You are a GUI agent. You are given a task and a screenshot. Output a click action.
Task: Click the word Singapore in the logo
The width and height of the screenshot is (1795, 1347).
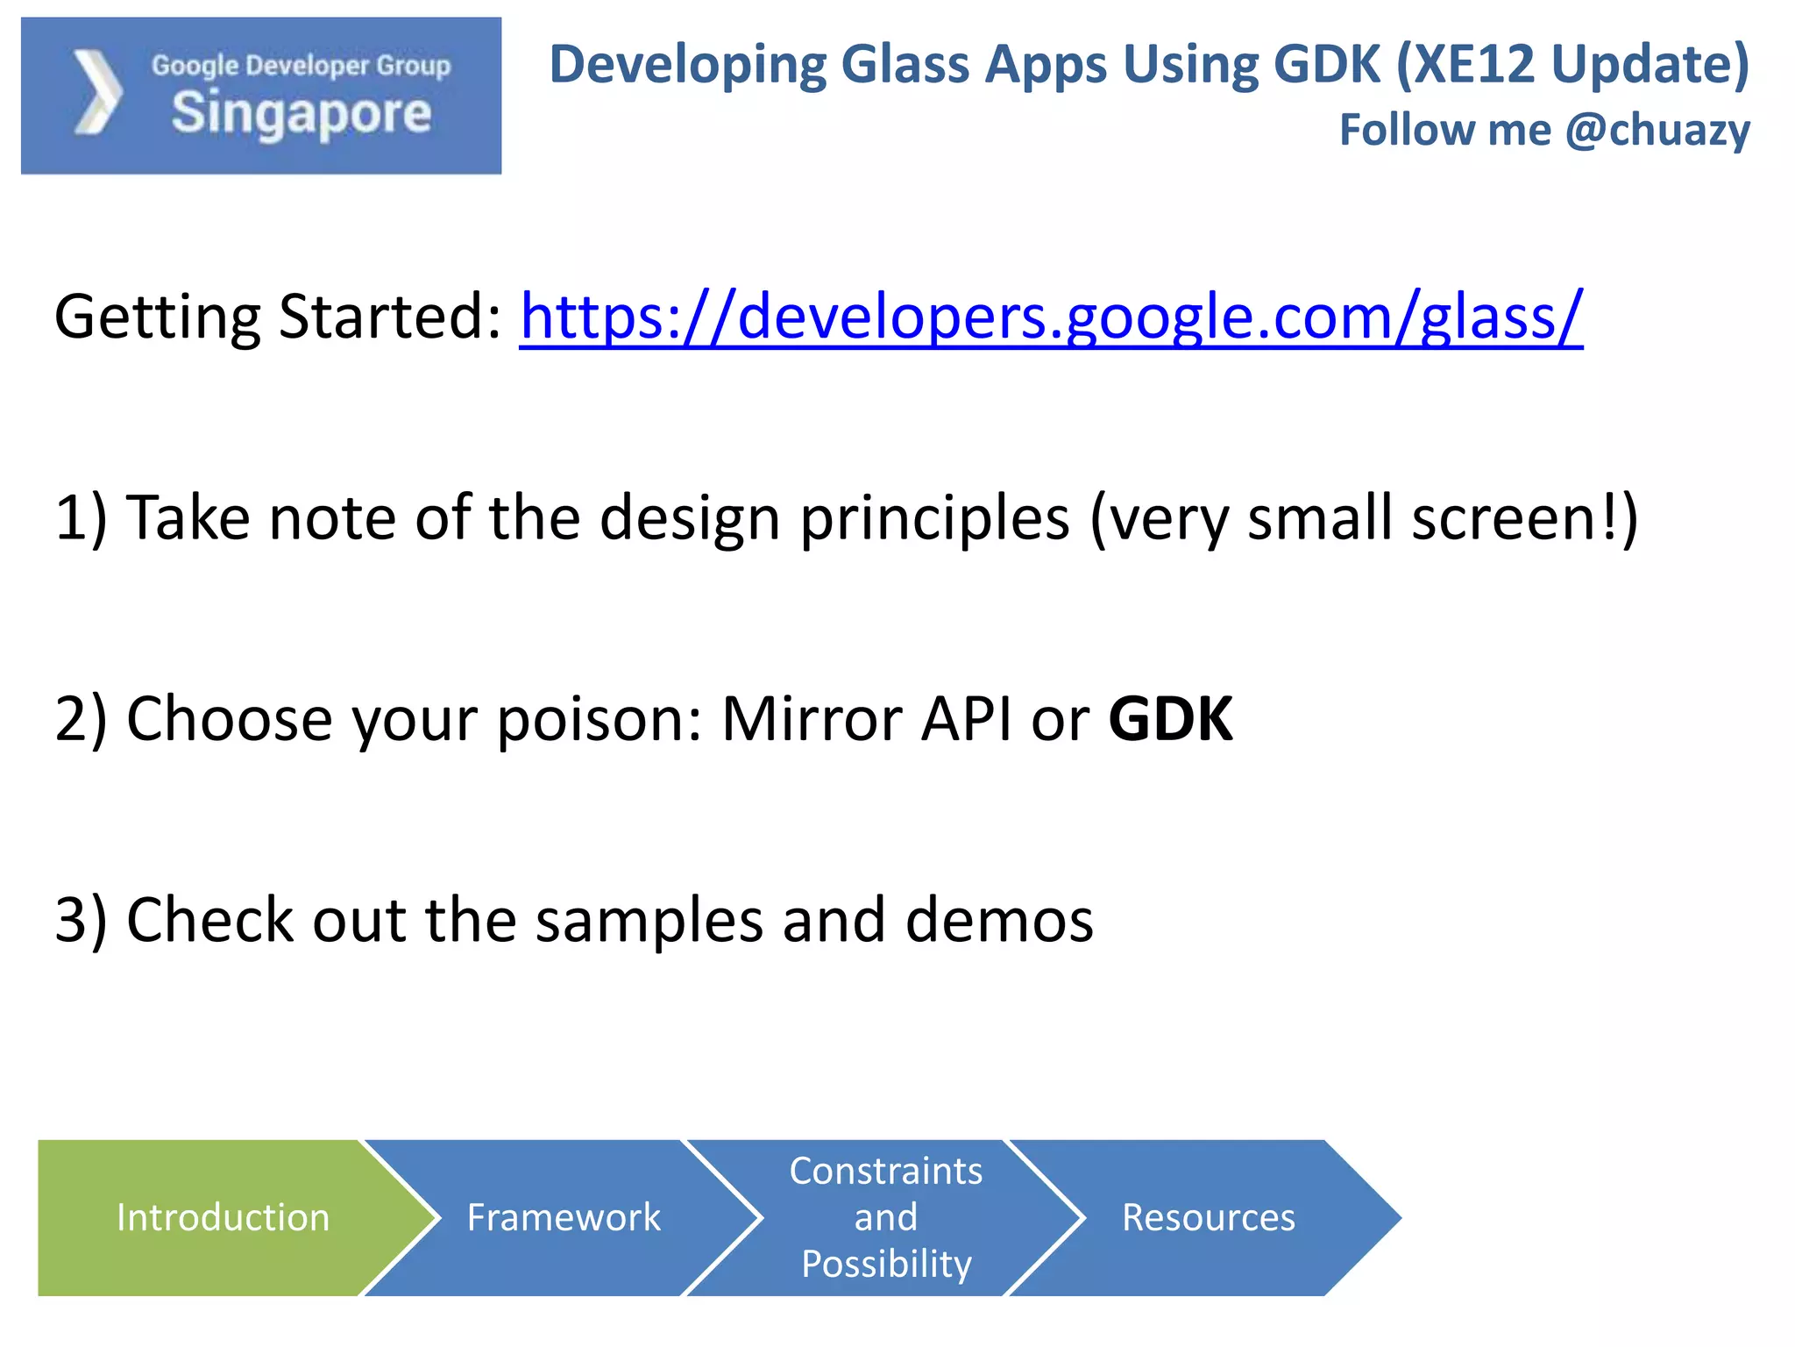tap(302, 115)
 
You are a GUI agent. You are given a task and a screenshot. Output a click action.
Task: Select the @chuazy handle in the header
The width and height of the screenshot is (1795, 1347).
tap(1657, 130)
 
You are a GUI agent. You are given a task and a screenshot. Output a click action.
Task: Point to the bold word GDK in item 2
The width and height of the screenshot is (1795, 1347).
tap(1170, 719)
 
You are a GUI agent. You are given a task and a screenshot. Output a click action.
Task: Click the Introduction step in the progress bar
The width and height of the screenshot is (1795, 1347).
tap(223, 1217)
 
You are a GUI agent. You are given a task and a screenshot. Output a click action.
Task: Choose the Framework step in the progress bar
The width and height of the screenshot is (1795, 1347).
tap(564, 1217)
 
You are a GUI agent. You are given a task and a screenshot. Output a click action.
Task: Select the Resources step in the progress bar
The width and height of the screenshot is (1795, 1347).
tap(1208, 1217)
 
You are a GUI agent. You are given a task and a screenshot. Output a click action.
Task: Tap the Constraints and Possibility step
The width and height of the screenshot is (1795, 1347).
tap(886, 1217)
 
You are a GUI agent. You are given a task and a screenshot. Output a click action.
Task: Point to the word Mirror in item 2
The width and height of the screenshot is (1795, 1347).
tap(811, 719)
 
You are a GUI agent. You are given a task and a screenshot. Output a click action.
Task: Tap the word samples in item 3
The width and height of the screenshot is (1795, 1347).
tap(649, 921)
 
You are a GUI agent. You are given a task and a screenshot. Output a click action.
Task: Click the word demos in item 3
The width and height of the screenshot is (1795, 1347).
tap(999, 921)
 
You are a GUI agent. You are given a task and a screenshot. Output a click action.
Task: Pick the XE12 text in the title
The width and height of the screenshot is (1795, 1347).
tap(1472, 65)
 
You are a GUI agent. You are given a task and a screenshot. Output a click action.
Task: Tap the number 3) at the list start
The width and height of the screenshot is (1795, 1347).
tap(81, 921)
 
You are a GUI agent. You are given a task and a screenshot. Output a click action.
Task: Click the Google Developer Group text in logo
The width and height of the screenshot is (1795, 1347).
tap(301, 66)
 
